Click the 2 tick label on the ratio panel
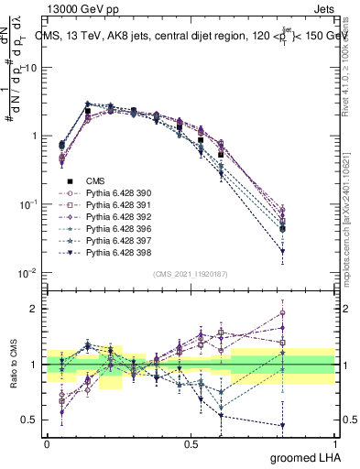[34, 309]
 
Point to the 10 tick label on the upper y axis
[30, 69]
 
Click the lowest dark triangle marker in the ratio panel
[282, 426]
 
